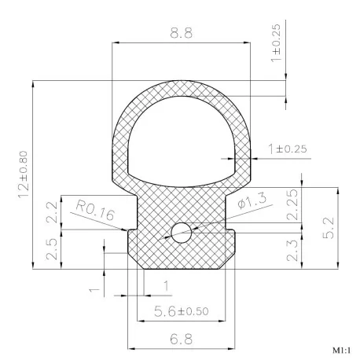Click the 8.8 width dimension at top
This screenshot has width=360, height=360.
(x=181, y=33)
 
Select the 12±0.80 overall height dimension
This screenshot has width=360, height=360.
(x=24, y=174)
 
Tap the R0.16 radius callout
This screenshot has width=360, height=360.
(x=95, y=211)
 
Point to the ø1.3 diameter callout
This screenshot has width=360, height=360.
(x=252, y=200)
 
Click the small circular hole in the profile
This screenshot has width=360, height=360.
(x=181, y=233)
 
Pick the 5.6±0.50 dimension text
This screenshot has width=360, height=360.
(x=181, y=311)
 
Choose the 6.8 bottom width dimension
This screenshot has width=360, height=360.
(x=181, y=339)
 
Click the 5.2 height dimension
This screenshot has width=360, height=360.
(x=329, y=228)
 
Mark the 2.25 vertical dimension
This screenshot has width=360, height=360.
(x=292, y=204)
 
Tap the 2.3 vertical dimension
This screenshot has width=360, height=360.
(x=292, y=251)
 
